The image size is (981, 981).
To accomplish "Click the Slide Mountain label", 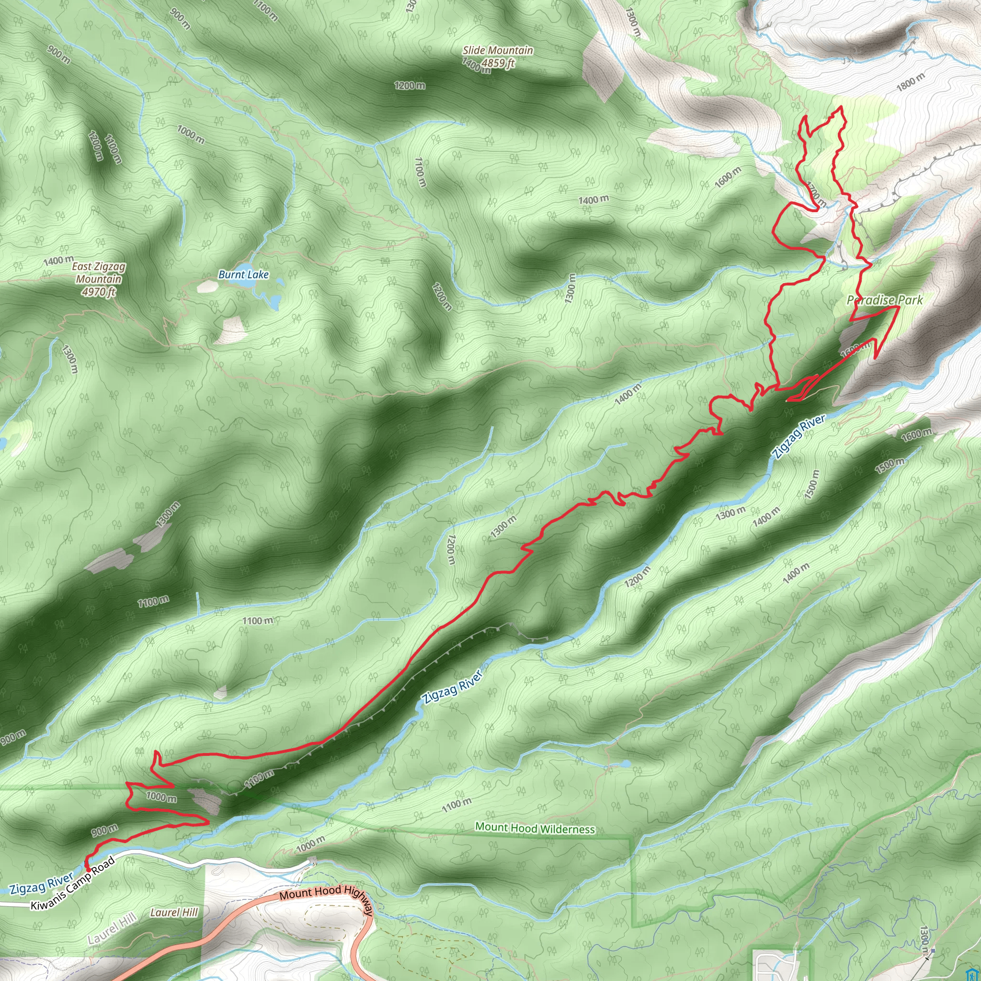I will pos(498,50).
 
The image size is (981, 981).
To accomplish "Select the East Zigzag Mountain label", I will pos(99,273).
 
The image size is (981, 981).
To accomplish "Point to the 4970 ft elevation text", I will pos(99,292).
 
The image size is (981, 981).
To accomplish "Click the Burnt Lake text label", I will pos(243,274).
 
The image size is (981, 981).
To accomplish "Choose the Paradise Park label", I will pos(885,300).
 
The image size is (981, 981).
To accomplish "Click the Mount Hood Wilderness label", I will pos(535,828).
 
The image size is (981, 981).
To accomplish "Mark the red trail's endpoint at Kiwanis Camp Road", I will pos(87,870).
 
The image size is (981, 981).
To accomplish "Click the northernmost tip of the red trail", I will pos(841,107).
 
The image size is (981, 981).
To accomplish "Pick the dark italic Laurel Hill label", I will pos(174,913).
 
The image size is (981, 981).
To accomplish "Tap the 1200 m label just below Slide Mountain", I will pos(410,85).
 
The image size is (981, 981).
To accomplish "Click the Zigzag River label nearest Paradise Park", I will pos(798,437).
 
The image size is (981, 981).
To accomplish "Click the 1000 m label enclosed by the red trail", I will pos(161,797).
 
